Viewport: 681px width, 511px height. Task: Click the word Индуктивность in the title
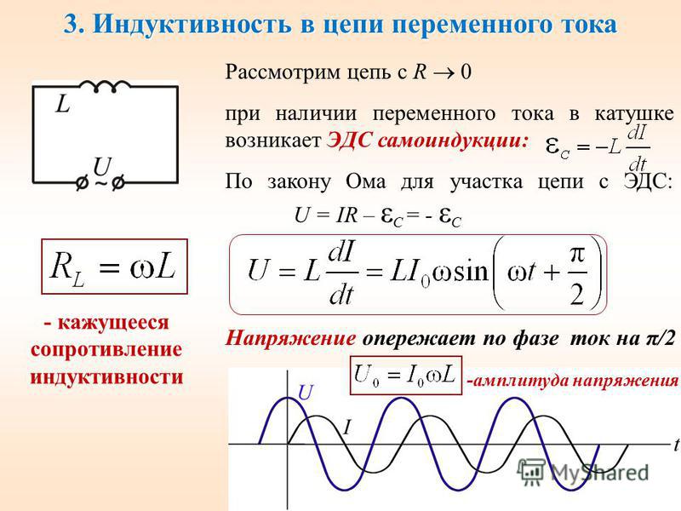192,24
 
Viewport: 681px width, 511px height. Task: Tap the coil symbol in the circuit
105,86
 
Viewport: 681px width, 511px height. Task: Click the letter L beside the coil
63,104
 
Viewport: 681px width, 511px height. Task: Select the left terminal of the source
81,183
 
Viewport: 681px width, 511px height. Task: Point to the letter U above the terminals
102,167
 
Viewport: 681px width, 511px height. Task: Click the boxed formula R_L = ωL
114,267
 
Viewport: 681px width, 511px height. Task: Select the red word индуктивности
106,376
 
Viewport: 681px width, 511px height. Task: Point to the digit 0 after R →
466,72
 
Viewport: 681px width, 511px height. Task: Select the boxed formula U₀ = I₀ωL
406,376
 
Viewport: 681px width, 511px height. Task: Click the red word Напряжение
290,338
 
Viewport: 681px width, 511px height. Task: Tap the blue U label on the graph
306,393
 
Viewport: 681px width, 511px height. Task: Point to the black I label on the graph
346,428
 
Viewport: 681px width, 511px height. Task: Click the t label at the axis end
677,445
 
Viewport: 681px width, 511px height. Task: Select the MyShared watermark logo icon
530,472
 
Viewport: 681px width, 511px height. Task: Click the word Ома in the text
366,181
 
